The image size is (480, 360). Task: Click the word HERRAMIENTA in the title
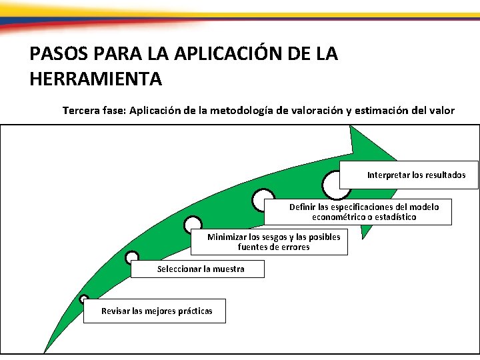96,79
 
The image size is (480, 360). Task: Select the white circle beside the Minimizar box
193,225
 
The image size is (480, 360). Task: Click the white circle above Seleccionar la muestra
132,257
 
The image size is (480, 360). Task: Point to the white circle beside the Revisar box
83,300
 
